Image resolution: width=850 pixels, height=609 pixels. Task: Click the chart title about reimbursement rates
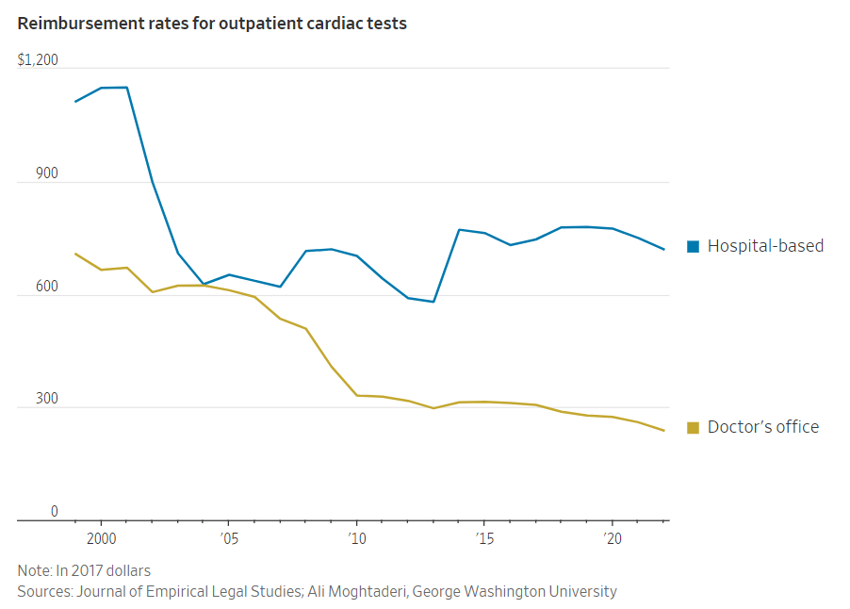(x=212, y=24)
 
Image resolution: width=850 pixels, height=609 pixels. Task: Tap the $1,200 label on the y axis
(x=38, y=60)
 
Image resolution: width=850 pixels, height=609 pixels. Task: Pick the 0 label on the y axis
(x=54, y=512)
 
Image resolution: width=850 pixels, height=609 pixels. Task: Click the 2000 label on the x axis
(x=101, y=538)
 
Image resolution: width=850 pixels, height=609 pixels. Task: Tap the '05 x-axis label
(x=228, y=538)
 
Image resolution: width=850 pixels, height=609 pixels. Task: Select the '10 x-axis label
(x=356, y=538)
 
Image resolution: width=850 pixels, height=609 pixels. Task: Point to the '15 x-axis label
(x=484, y=538)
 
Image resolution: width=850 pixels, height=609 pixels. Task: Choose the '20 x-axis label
(x=612, y=538)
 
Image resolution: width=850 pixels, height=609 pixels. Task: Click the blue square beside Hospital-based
(x=694, y=247)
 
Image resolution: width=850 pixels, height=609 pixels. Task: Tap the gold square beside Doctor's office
(x=694, y=428)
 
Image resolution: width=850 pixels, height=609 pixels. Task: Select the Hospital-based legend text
(x=765, y=246)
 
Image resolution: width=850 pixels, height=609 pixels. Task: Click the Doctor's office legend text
(x=763, y=427)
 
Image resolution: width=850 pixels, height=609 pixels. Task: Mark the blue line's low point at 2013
(x=433, y=302)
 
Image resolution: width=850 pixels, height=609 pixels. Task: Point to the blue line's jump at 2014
(x=459, y=229)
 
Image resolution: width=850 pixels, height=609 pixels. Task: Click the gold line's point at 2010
(x=356, y=395)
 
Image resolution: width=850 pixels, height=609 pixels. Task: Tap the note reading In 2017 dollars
(x=84, y=570)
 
